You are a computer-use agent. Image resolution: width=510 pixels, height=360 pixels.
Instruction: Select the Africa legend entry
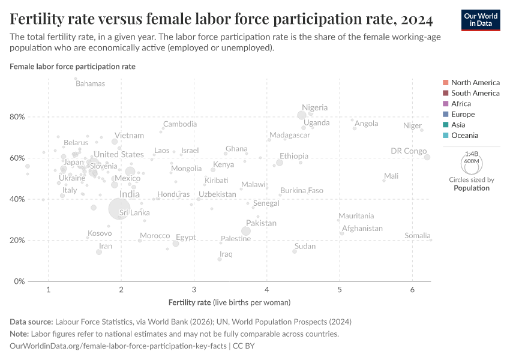(x=461, y=104)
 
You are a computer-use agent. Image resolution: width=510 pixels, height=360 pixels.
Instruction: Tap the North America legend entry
(x=475, y=83)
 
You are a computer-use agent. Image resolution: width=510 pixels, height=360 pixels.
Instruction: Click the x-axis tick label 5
(x=340, y=290)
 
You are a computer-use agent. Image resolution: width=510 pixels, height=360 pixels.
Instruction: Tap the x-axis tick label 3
(x=194, y=290)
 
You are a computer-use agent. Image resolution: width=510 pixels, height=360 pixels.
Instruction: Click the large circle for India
(x=120, y=208)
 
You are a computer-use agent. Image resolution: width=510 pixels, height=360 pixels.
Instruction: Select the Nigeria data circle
(x=302, y=115)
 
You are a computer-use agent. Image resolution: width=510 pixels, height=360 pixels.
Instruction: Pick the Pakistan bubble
(x=246, y=231)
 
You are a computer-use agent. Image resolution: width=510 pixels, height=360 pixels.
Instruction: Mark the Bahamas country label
(x=90, y=83)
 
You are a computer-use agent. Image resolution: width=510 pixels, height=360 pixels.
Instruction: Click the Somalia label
(x=417, y=236)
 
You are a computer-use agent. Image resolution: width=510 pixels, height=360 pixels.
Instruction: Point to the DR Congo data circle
(x=427, y=157)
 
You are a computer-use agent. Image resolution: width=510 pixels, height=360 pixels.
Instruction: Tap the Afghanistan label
(x=362, y=229)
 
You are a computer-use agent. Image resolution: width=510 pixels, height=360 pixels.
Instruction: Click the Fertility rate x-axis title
(x=230, y=302)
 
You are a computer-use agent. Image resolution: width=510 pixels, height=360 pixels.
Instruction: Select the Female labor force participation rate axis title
(x=73, y=67)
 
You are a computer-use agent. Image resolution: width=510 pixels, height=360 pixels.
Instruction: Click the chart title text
(x=221, y=20)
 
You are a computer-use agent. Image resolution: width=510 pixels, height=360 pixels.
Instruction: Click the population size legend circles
(x=472, y=163)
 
